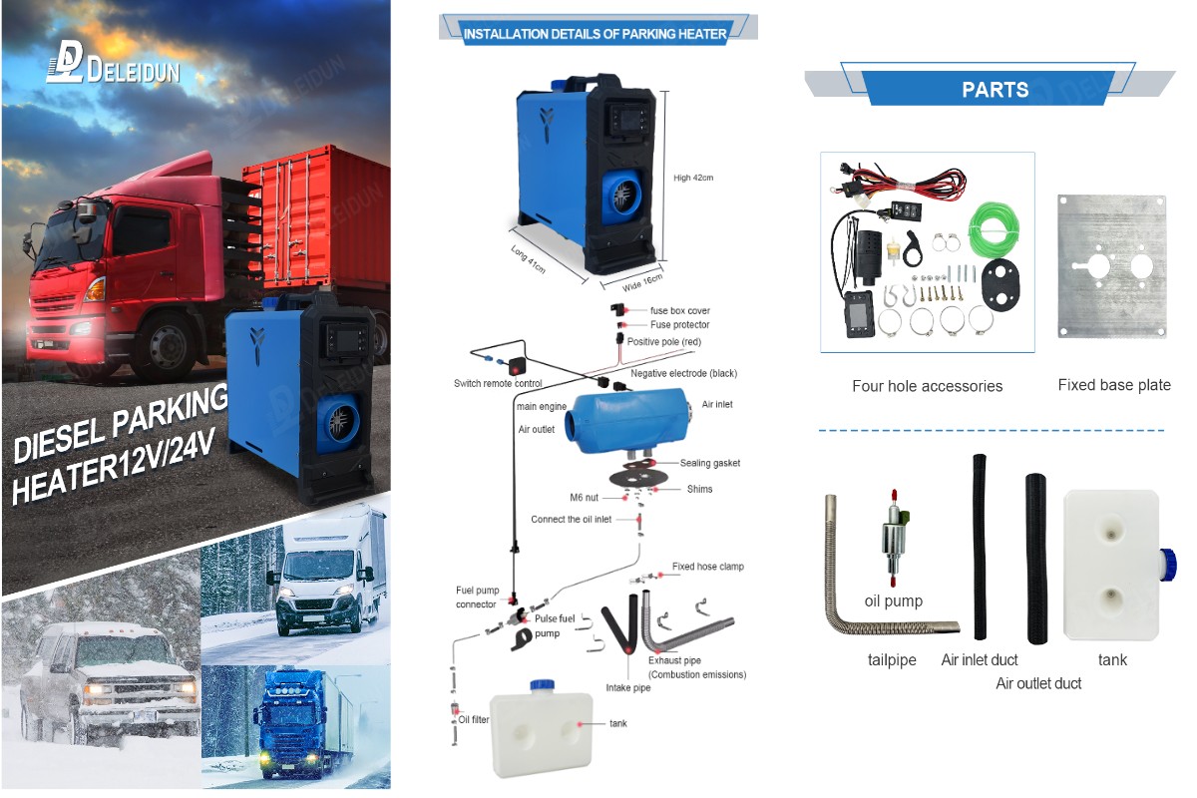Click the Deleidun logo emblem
[64, 62]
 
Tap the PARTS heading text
[996, 90]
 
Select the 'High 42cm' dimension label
[693, 178]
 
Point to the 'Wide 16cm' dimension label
[642, 282]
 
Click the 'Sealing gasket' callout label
[709, 463]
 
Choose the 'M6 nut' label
[585, 498]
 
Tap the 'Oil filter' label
[474, 719]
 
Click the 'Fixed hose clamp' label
[708, 566]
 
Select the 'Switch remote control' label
[498, 383]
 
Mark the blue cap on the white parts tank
[1169, 565]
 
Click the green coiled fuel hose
[994, 230]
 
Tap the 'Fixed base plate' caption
[1114, 385]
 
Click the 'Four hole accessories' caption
[927, 386]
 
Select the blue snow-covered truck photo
[296, 727]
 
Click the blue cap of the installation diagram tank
[542, 685]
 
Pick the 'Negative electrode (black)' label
[683, 373]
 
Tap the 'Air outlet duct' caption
[1038, 683]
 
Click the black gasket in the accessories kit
[999, 285]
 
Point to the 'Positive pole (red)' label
[663, 341]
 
